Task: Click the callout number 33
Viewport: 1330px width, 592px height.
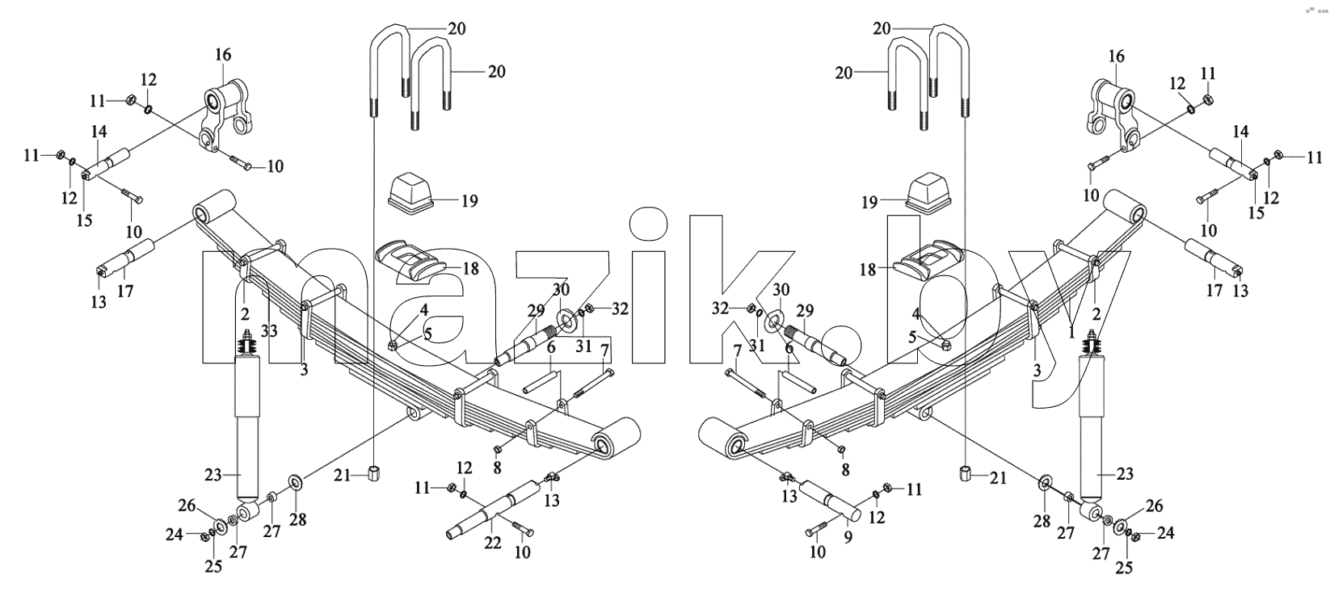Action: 269,331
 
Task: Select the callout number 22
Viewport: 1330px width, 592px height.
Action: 492,542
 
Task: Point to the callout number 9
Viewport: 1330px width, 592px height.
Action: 848,537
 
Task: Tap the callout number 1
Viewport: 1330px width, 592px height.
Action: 1071,334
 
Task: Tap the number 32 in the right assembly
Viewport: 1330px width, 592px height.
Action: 720,309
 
